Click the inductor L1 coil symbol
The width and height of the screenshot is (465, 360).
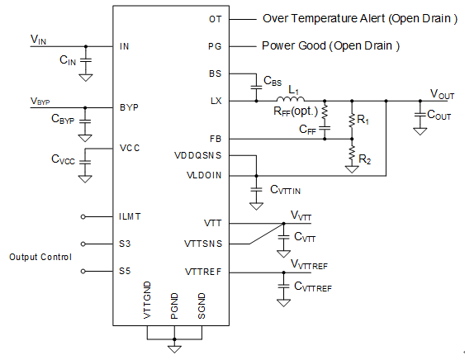[291, 99]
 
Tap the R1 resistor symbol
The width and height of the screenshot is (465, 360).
[352, 121]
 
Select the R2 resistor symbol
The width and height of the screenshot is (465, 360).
[352, 153]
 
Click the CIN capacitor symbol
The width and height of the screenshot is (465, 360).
[86, 60]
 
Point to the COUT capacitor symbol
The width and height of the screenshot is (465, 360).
[420, 115]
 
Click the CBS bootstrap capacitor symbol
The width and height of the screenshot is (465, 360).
[256, 88]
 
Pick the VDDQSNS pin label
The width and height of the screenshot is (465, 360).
[197, 155]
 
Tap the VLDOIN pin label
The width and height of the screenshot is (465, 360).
[204, 175]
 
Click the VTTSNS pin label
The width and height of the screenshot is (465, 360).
[203, 244]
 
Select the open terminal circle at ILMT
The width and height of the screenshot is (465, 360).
[83, 217]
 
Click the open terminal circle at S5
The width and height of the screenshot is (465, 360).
[83, 271]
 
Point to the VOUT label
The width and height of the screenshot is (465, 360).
[442, 94]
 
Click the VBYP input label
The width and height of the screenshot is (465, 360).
[40, 101]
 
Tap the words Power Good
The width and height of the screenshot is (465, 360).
[293, 45]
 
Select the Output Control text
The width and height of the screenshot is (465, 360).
[40, 257]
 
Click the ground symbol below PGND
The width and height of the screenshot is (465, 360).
[174, 348]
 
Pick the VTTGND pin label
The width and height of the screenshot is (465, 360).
[147, 300]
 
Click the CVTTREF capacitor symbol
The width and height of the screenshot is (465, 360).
[283, 287]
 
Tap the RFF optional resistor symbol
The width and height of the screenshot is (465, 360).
[325, 112]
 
